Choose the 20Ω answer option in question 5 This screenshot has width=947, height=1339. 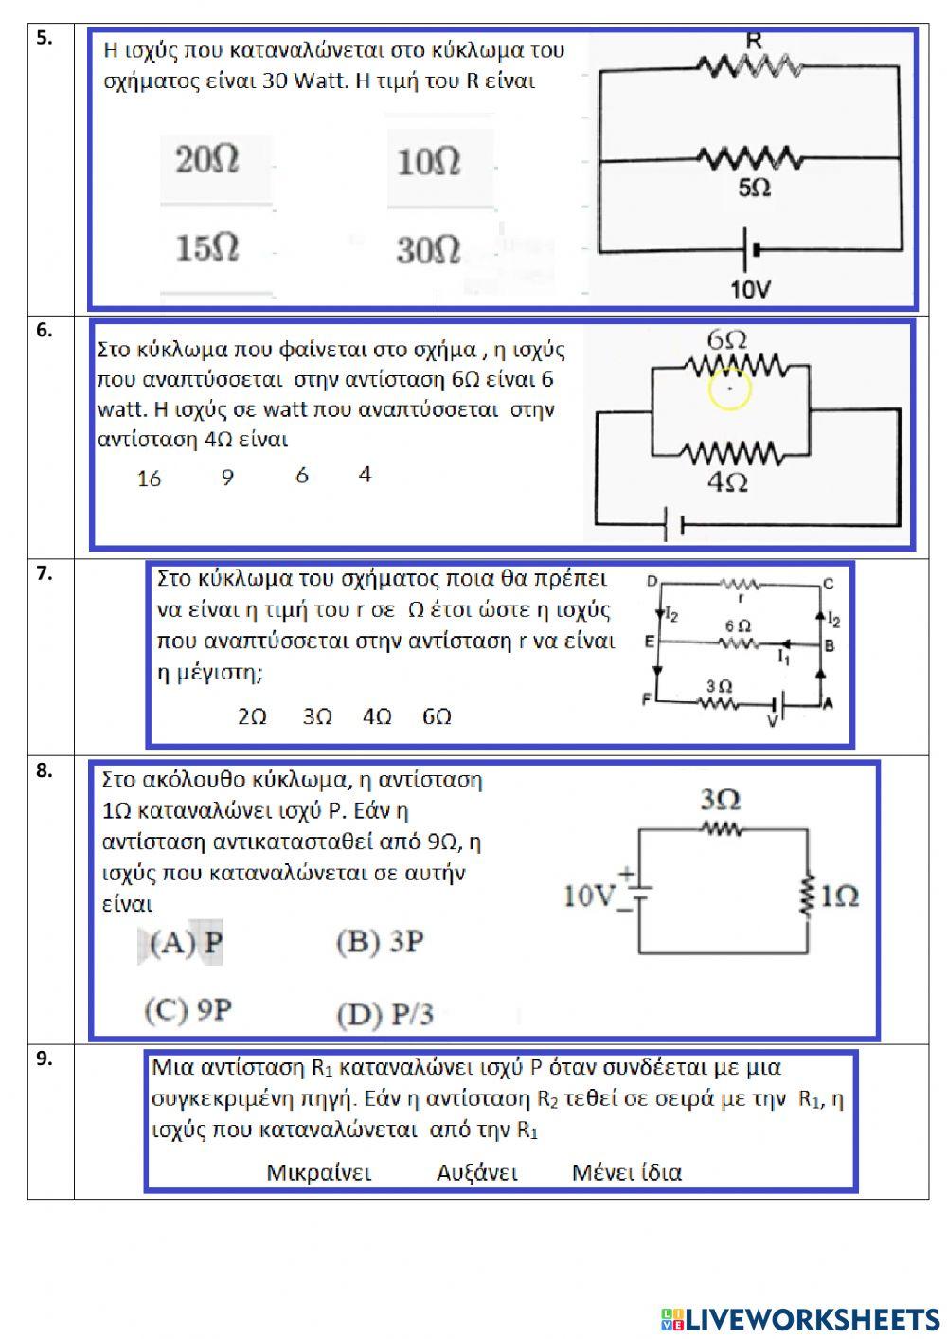(x=206, y=159)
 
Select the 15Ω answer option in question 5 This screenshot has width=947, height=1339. (x=206, y=248)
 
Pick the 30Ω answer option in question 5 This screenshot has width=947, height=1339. (x=428, y=250)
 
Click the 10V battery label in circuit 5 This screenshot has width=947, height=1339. (x=750, y=289)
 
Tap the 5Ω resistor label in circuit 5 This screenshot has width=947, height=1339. (x=754, y=189)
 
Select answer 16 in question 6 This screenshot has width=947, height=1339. (x=149, y=479)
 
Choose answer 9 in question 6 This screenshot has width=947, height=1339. (x=227, y=478)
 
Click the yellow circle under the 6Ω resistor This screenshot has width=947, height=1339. (x=729, y=389)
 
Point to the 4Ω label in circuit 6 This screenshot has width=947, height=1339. (x=727, y=482)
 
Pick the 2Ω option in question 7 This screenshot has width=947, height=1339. (x=252, y=716)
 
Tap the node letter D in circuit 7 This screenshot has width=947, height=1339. (x=652, y=581)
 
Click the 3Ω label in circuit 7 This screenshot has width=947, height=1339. (x=719, y=685)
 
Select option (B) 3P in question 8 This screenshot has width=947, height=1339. (x=380, y=942)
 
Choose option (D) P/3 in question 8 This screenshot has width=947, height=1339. (x=384, y=1015)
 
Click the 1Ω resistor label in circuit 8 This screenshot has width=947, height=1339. (x=839, y=896)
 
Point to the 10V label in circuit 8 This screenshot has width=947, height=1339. (x=589, y=896)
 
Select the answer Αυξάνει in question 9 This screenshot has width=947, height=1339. (x=476, y=1172)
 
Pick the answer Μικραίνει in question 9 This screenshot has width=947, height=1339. (x=319, y=1172)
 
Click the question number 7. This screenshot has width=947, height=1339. (x=45, y=573)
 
